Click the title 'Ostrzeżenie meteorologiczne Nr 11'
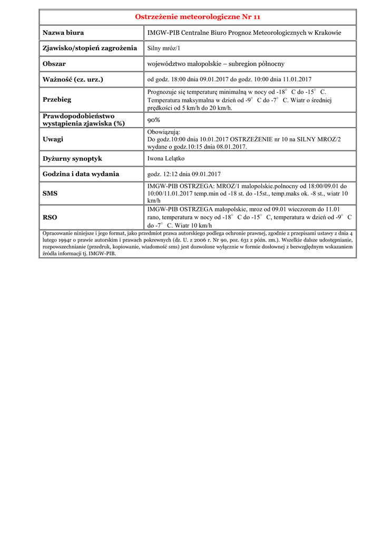coord(198,17)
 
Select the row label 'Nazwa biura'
coord(63,33)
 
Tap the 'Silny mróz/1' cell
coord(164,49)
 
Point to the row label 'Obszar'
coord(54,64)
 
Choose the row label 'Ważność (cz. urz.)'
coord(73,80)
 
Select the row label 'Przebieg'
coord(57,100)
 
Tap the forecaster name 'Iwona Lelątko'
coord(166,159)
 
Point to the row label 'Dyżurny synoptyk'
coord(72,159)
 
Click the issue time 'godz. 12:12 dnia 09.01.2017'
coord(184,174)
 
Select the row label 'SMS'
coord(50,194)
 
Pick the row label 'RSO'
coord(50,217)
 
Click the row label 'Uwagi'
coord(53,139)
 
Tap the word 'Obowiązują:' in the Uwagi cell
coord(164,132)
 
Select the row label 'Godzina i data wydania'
coord(81,174)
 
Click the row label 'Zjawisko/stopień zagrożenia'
coord(90,49)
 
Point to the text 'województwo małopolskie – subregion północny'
coord(216,64)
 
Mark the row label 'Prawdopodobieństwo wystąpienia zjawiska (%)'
coord(79,120)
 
